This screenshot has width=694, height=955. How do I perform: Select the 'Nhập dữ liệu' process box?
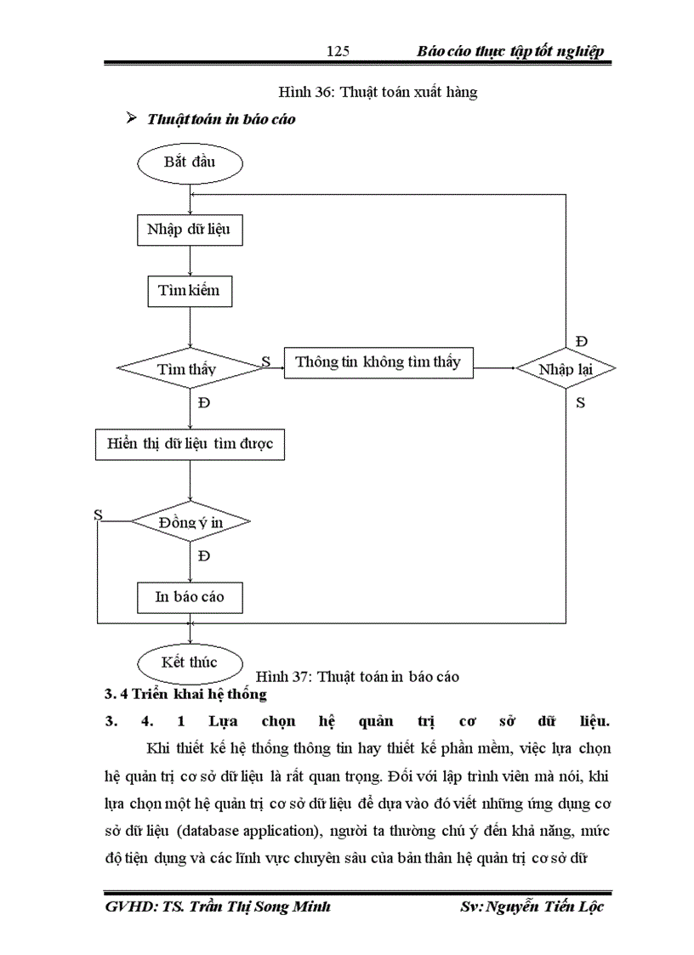[189, 229]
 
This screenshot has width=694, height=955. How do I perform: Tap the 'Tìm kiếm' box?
[189, 291]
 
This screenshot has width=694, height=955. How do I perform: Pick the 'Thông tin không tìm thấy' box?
[378, 362]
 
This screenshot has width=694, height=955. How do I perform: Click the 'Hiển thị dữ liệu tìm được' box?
[189, 444]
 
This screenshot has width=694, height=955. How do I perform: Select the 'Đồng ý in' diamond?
[189, 522]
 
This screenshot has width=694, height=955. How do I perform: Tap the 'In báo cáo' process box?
[189, 596]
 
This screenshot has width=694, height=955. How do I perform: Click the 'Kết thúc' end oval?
[189, 662]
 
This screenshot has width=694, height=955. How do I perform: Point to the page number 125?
[338, 52]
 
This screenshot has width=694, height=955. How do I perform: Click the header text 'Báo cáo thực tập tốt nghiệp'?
[510, 52]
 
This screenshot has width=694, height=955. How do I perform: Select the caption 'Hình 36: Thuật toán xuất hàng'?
[378, 93]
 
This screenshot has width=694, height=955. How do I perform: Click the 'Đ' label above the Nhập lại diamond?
[582, 341]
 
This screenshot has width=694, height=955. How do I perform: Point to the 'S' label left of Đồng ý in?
[98, 514]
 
